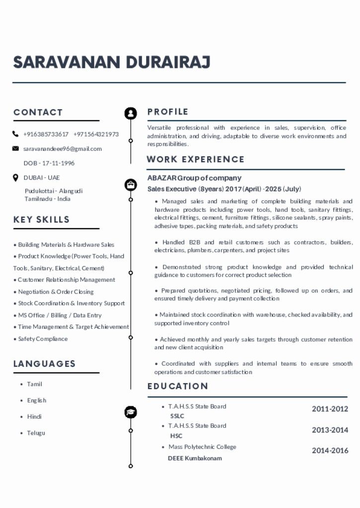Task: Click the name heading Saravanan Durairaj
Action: click(112, 63)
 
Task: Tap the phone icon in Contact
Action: click(15, 134)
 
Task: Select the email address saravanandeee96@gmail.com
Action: click(63, 149)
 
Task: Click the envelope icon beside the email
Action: click(15, 149)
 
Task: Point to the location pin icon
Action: click(15, 178)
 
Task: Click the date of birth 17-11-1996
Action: click(58, 163)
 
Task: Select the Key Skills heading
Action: click(42, 219)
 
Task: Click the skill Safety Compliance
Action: click(43, 339)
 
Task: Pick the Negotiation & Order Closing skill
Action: click(56, 292)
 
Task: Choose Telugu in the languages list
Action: click(36, 433)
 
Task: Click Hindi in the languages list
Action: click(34, 417)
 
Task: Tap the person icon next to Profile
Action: click(131, 113)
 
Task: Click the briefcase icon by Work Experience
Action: click(131, 185)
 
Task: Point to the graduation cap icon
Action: click(131, 412)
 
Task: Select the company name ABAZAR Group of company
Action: click(194, 178)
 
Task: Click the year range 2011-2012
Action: click(330, 409)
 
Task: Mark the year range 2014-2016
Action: click(330, 451)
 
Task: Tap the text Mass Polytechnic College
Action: click(202, 447)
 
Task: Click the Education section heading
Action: click(177, 386)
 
